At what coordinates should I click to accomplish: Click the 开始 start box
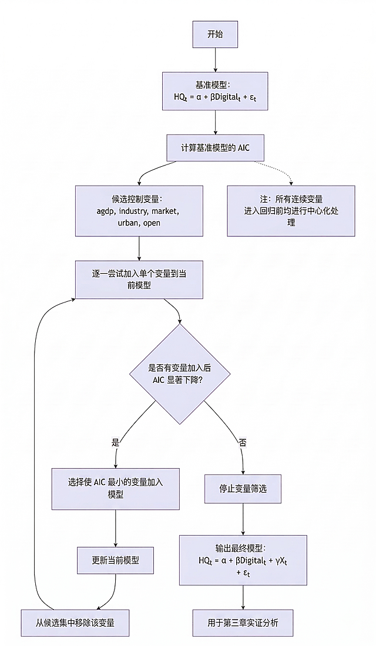click(x=215, y=35)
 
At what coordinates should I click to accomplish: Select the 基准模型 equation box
click(x=215, y=91)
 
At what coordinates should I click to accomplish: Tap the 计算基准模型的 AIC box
click(x=215, y=147)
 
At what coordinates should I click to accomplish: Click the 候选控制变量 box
click(x=139, y=211)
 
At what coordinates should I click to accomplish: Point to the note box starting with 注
click(x=291, y=211)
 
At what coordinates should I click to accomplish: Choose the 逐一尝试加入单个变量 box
click(x=139, y=280)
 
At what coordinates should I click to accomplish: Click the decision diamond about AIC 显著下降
click(x=180, y=374)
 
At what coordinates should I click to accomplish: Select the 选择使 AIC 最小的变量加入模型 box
click(x=115, y=489)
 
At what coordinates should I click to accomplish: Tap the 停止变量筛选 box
click(x=243, y=489)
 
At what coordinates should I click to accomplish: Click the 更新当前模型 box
click(x=115, y=560)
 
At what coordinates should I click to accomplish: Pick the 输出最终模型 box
click(x=243, y=560)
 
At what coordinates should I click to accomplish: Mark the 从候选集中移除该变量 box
click(x=75, y=623)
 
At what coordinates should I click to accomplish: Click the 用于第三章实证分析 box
click(x=243, y=623)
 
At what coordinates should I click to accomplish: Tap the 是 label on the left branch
click(x=115, y=442)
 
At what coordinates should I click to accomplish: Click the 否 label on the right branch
click(x=243, y=442)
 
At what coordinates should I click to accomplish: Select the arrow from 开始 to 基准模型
click(x=215, y=60)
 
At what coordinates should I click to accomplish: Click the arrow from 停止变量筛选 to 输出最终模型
click(x=243, y=519)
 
